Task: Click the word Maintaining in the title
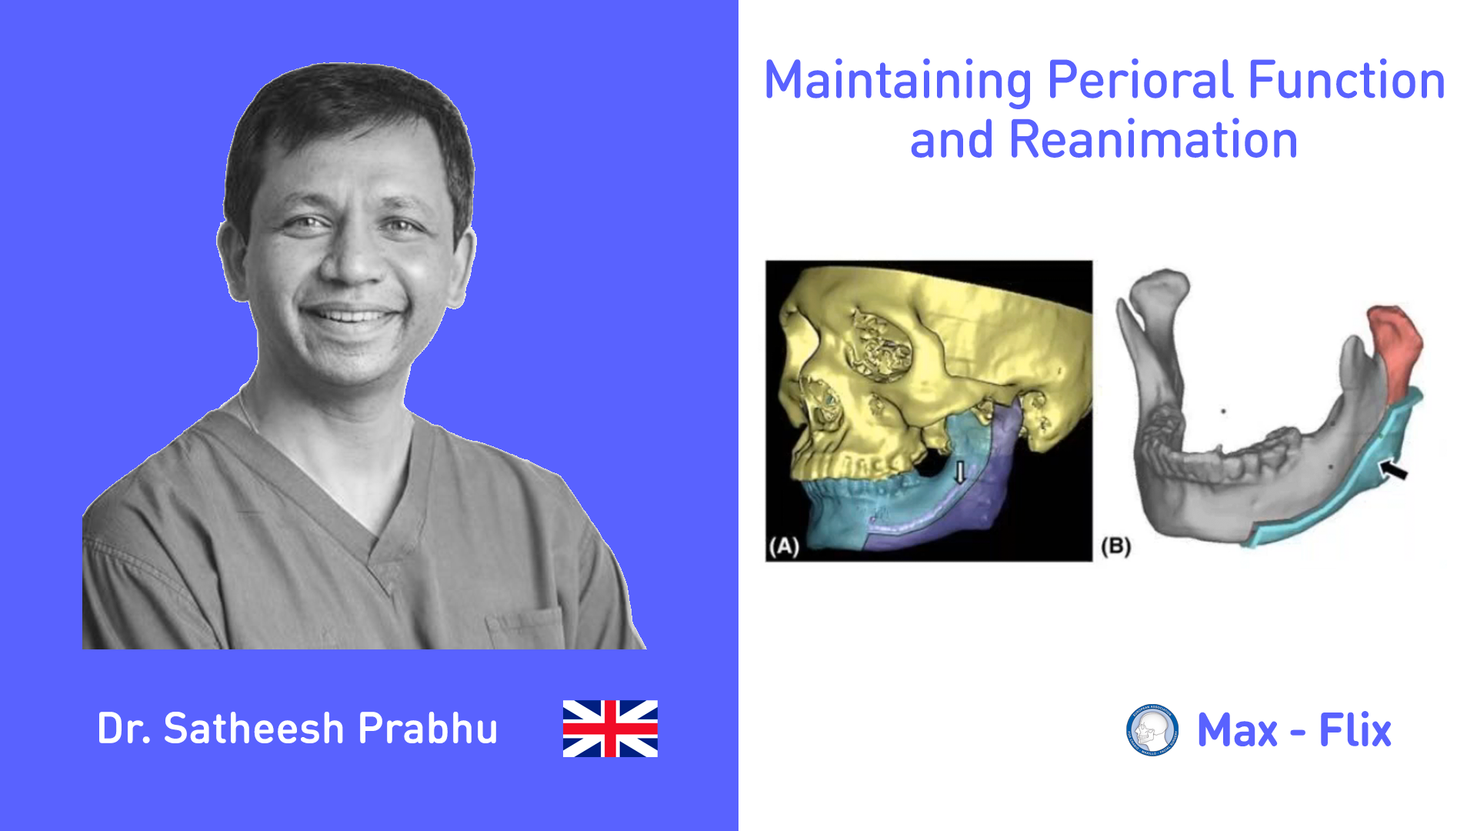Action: [x=898, y=82]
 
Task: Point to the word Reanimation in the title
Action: [x=1153, y=140]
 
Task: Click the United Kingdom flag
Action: [x=610, y=728]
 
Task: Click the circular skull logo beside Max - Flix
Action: [x=1152, y=729]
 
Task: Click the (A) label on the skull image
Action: [x=784, y=546]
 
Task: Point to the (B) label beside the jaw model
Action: [x=1115, y=546]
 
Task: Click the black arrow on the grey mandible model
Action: [x=1393, y=469]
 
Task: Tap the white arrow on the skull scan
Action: [x=959, y=472]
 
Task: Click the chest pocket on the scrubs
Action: [x=527, y=627]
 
